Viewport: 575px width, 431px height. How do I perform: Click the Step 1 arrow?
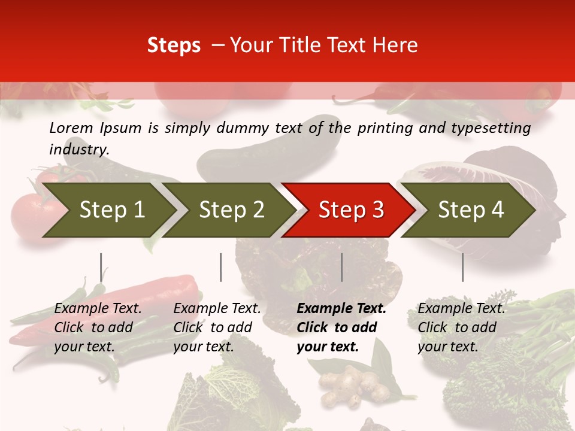(108, 210)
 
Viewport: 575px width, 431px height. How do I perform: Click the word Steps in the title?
(174, 45)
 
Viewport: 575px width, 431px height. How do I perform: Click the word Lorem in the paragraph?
(71, 128)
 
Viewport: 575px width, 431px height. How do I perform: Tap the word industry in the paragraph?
(79, 149)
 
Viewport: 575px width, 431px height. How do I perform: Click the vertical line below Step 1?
(101, 267)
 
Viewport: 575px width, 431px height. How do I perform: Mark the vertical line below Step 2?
(221, 267)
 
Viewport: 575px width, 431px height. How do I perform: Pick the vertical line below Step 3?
(342, 267)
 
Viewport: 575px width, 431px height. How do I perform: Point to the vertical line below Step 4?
(462, 267)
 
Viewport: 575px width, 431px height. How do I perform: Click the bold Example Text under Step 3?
(341, 309)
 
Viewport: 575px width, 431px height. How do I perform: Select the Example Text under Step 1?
(98, 309)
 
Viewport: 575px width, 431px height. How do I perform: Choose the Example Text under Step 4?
(461, 309)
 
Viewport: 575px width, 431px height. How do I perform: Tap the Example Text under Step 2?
(217, 309)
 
